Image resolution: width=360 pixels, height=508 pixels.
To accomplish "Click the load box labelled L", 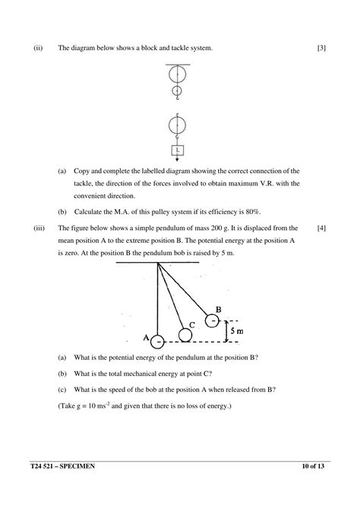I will point(178,150).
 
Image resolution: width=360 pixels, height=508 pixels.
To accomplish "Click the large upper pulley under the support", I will point(178,76).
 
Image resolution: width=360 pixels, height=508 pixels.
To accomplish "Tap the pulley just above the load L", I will point(178,124).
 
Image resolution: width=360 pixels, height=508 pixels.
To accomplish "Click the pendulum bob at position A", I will point(157,342).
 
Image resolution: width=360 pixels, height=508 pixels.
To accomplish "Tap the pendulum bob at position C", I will point(185,334).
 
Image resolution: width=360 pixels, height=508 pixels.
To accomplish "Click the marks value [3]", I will point(321,49).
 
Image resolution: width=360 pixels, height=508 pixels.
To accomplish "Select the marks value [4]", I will point(321,227).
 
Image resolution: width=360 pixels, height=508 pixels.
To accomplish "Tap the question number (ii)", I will point(38,49).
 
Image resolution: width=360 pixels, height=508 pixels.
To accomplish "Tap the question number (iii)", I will point(39,227).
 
